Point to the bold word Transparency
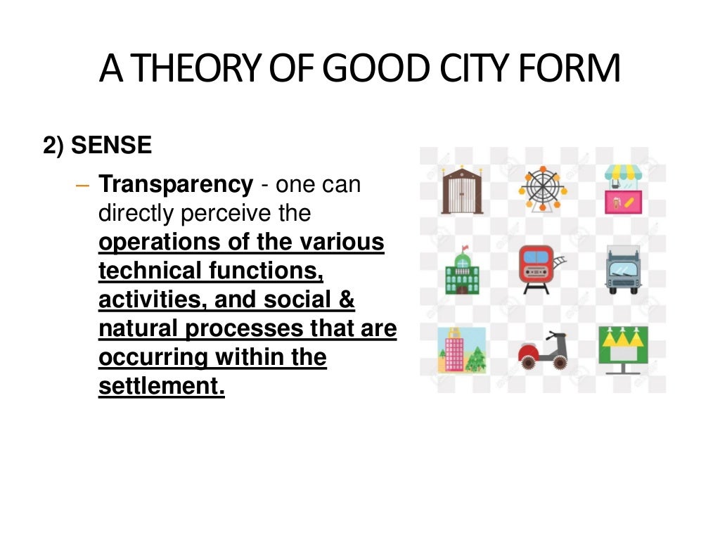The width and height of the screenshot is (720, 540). pos(176,185)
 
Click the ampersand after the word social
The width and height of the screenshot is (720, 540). pos(347,300)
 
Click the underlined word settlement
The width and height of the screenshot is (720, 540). pos(161,386)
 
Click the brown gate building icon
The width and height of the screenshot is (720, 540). pos(461,191)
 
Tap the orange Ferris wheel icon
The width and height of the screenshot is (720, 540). pos(543,188)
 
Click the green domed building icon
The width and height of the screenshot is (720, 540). pos(461,270)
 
